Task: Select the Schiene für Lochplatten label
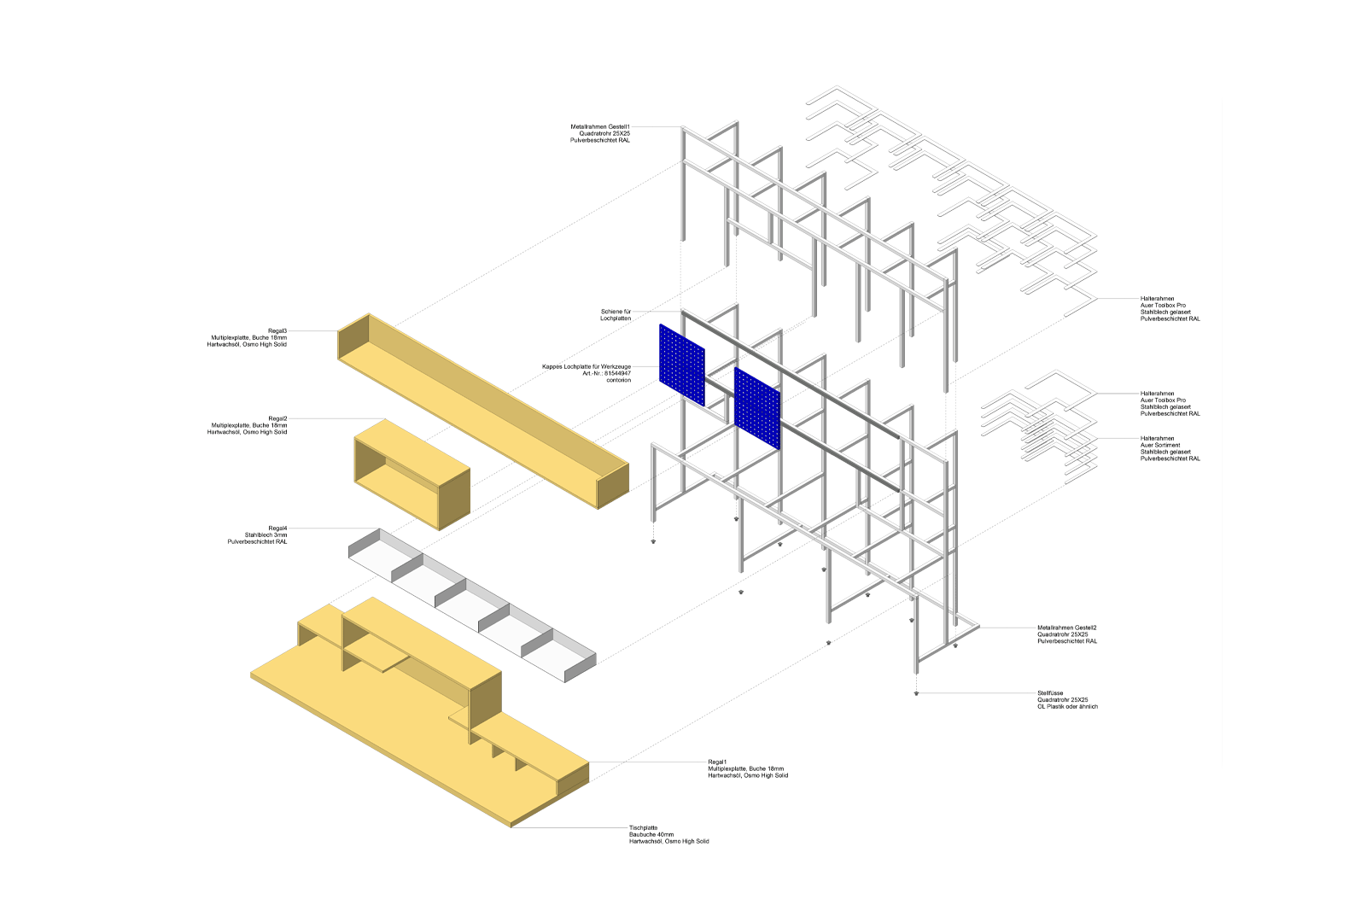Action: click(615, 315)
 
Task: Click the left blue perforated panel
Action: click(681, 364)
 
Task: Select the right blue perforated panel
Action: click(757, 409)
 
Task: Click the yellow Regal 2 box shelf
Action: click(412, 475)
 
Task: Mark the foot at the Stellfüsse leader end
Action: click(917, 693)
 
